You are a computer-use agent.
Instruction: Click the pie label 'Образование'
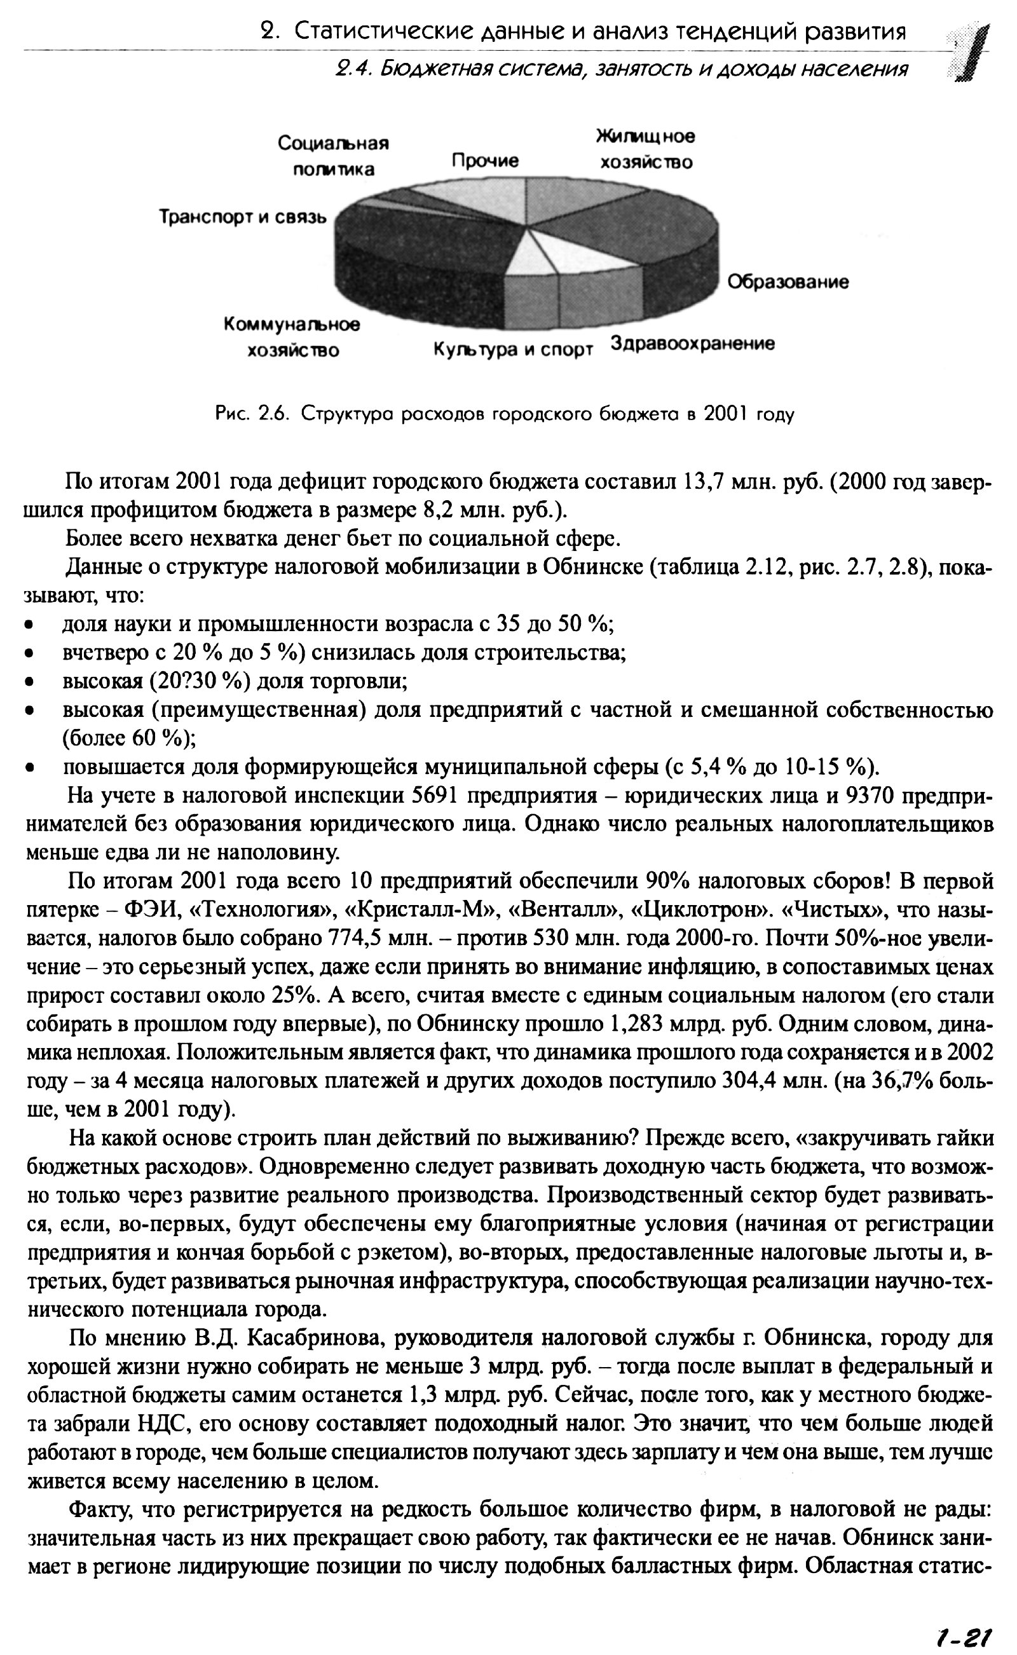tap(788, 282)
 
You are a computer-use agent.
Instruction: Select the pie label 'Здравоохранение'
tap(692, 344)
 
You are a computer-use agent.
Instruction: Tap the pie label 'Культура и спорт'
tap(512, 350)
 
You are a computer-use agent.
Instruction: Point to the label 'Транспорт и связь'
tap(243, 217)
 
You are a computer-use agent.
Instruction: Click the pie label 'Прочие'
tap(485, 161)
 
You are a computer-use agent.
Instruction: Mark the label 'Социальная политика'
tap(334, 156)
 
